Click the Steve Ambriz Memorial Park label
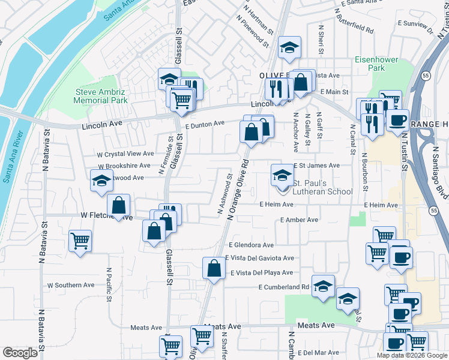tap(100, 96)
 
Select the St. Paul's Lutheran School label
tap(322, 187)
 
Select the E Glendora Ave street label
tap(251, 245)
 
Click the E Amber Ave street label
tap(299, 220)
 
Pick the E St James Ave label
tap(316, 165)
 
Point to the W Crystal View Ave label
tap(126, 154)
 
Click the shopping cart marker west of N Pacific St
tap(80, 241)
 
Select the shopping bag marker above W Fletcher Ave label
tap(120, 205)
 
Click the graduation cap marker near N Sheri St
tap(289, 47)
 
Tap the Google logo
tap(20, 353)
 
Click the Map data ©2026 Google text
tap(412, 355)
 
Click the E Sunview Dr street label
tap(414, 25)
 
